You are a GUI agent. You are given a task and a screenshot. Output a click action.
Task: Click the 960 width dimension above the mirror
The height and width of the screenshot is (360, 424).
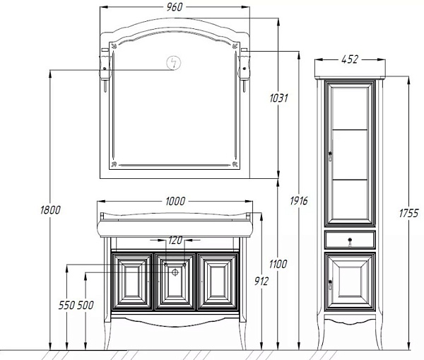pyautogui.click(x=175, y=7)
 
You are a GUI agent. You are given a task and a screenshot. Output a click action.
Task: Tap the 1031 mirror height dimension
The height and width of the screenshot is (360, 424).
pyautogui.click(x=279, y=98)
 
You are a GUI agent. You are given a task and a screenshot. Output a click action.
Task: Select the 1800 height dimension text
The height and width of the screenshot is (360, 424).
pyautogui.click(x=50, y=210)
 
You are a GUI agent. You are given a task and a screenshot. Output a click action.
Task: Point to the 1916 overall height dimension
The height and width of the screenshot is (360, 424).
pyautogui.click(x=299, y=201)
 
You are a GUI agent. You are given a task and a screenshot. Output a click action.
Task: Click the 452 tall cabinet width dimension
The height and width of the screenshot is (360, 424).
pyautogui.click(x=350, y=59)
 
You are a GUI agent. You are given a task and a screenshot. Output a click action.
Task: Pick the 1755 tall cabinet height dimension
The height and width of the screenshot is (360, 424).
pyautogui.click(x=409, y=214)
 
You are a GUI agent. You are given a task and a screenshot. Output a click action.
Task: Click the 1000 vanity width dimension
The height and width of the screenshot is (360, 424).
pyautogui.click(x=175, y=201)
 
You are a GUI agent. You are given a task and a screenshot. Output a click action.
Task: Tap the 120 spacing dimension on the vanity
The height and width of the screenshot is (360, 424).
pyautogui.click(x=175, y=240)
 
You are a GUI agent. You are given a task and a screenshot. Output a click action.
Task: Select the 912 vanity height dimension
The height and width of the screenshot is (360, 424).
pyautogui.click(x=261, y=281)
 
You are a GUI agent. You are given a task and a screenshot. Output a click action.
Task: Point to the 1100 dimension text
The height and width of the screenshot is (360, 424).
pyautogui.click(x=278, y=264)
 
